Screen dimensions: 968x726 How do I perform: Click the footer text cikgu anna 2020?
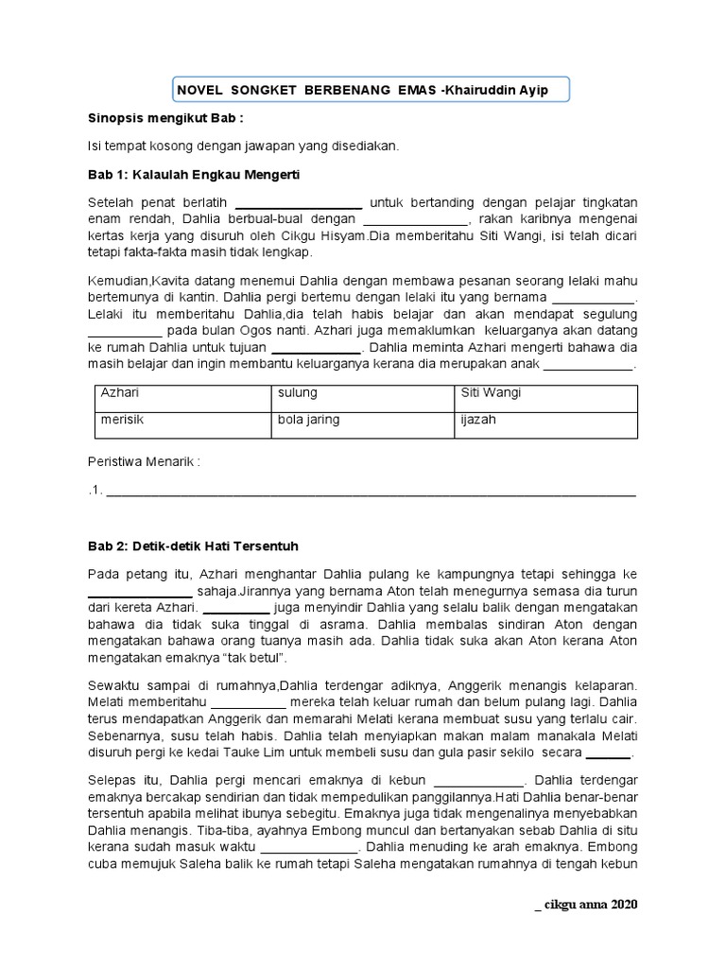click(586, 905)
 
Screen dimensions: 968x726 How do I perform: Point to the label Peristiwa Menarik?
click(144, 461)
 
